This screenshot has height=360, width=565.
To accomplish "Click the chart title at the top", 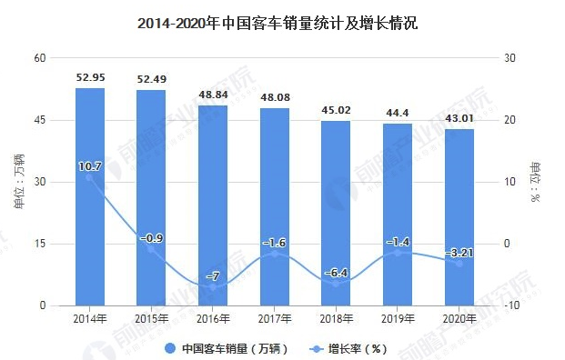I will click(282, 25).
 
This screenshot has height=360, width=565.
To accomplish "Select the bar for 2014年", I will click(89, 196).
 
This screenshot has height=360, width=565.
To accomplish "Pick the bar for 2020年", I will click(459, 217).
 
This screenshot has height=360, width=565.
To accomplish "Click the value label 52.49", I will click(151, 78).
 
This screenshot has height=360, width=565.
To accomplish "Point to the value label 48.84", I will click(213, 94).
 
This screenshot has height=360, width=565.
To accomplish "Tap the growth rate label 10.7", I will click(89, 166).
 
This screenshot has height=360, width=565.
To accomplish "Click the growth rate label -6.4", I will click(336, 272).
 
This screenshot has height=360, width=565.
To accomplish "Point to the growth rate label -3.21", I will click(459, 252).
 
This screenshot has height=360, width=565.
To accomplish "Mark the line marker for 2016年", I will click(213, 286).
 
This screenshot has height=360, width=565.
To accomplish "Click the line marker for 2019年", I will click(398, 252).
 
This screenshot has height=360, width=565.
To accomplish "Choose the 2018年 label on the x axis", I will click(336, 318).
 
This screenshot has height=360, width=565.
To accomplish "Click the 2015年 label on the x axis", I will click(151, 318).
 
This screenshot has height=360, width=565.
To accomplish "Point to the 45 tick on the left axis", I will click(40, 120).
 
